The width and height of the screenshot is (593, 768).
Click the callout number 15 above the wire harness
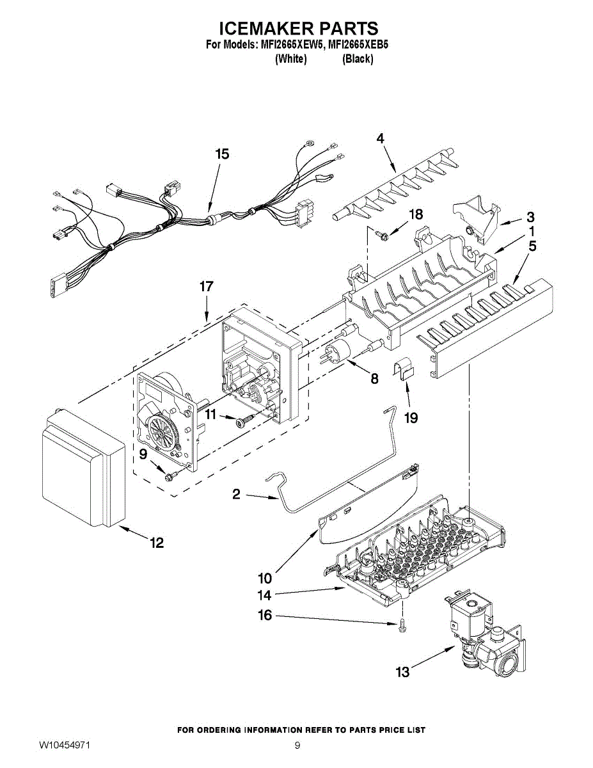tap(222, 154)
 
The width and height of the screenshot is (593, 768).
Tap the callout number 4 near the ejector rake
tap(380, 139)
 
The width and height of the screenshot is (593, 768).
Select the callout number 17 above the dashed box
tap(206, 287)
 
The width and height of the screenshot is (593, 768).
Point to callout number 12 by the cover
tap(157, 543)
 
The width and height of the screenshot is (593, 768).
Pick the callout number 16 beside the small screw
tap(264, 616)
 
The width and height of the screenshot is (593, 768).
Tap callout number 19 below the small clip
tap(411, 418)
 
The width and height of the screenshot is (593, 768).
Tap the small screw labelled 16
tap(400, 627)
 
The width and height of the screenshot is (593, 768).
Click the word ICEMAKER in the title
tap(265, 29)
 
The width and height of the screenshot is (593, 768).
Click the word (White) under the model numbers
tap(290, 59)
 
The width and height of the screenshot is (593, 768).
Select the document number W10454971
tap(64, 746)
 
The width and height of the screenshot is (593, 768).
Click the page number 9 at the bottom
tap(297, 746)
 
